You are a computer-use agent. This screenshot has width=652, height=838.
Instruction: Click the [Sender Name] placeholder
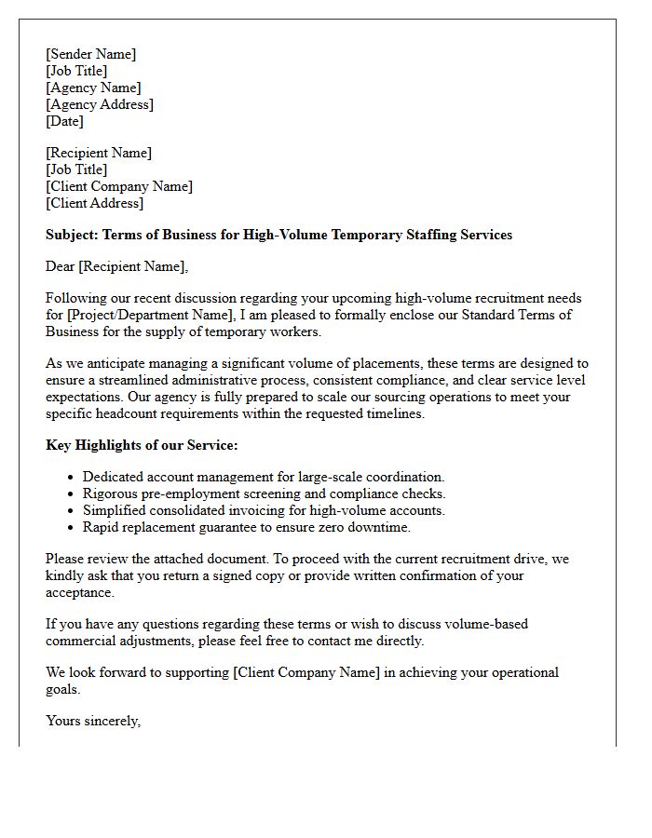point(90,54)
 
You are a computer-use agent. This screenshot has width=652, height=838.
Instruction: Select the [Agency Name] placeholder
point(93,88)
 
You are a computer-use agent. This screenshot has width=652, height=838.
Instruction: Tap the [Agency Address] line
point(100,104)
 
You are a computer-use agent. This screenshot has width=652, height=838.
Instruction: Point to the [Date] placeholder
point(64,121)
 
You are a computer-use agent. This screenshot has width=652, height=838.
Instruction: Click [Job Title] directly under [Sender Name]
point(76,71)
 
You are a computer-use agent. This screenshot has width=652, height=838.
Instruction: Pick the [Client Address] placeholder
point(94,203)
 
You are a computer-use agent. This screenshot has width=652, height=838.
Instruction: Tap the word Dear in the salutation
point(60,267)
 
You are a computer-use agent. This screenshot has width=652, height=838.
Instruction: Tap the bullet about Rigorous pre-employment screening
point(265,493)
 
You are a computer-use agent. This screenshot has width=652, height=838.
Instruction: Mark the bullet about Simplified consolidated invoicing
point(264,510)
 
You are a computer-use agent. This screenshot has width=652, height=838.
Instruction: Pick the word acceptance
point(80,592)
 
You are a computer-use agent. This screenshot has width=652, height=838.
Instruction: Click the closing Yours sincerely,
point(93,721)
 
